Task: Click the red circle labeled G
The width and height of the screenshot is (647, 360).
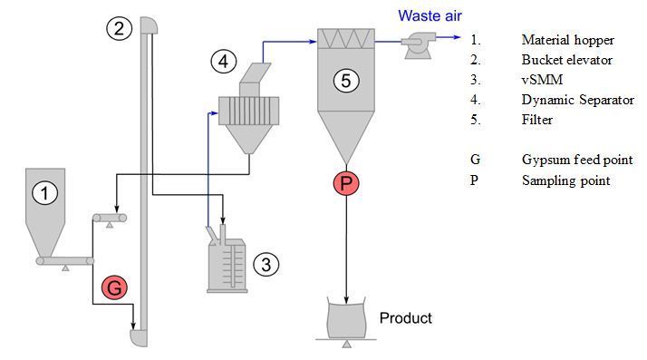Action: tap(114, 287)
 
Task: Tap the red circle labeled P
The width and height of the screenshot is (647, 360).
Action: tap(346, 183)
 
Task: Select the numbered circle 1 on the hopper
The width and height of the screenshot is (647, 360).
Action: tap(45, 193)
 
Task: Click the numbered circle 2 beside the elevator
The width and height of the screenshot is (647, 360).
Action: tap(119, 28)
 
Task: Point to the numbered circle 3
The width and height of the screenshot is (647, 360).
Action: tap(266, 264)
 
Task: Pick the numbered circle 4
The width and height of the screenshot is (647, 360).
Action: tap(223, 62)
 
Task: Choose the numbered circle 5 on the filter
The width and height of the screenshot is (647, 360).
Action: tap(346, 80)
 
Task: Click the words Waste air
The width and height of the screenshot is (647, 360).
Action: tap(430, 15)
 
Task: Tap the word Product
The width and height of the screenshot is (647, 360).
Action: tap(406, 318)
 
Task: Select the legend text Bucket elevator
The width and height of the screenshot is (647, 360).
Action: tap(566, 60)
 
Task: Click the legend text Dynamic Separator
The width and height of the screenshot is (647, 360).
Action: tap(578, 100)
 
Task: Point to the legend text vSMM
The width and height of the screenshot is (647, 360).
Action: tap(542, 79)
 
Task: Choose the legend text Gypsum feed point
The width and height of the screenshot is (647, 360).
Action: tap(577, 160)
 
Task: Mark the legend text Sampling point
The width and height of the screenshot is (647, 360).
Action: tap(565, 180)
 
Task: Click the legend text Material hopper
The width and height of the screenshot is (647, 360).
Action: tap(568, 40)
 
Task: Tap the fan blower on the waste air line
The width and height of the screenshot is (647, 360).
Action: tap(418, 46)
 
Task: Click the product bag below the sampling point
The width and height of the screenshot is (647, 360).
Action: tap(346, 317)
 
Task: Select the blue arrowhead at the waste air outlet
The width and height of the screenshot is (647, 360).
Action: tap(457, 37)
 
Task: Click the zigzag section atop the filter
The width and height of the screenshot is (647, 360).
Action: tap(346, 39)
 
